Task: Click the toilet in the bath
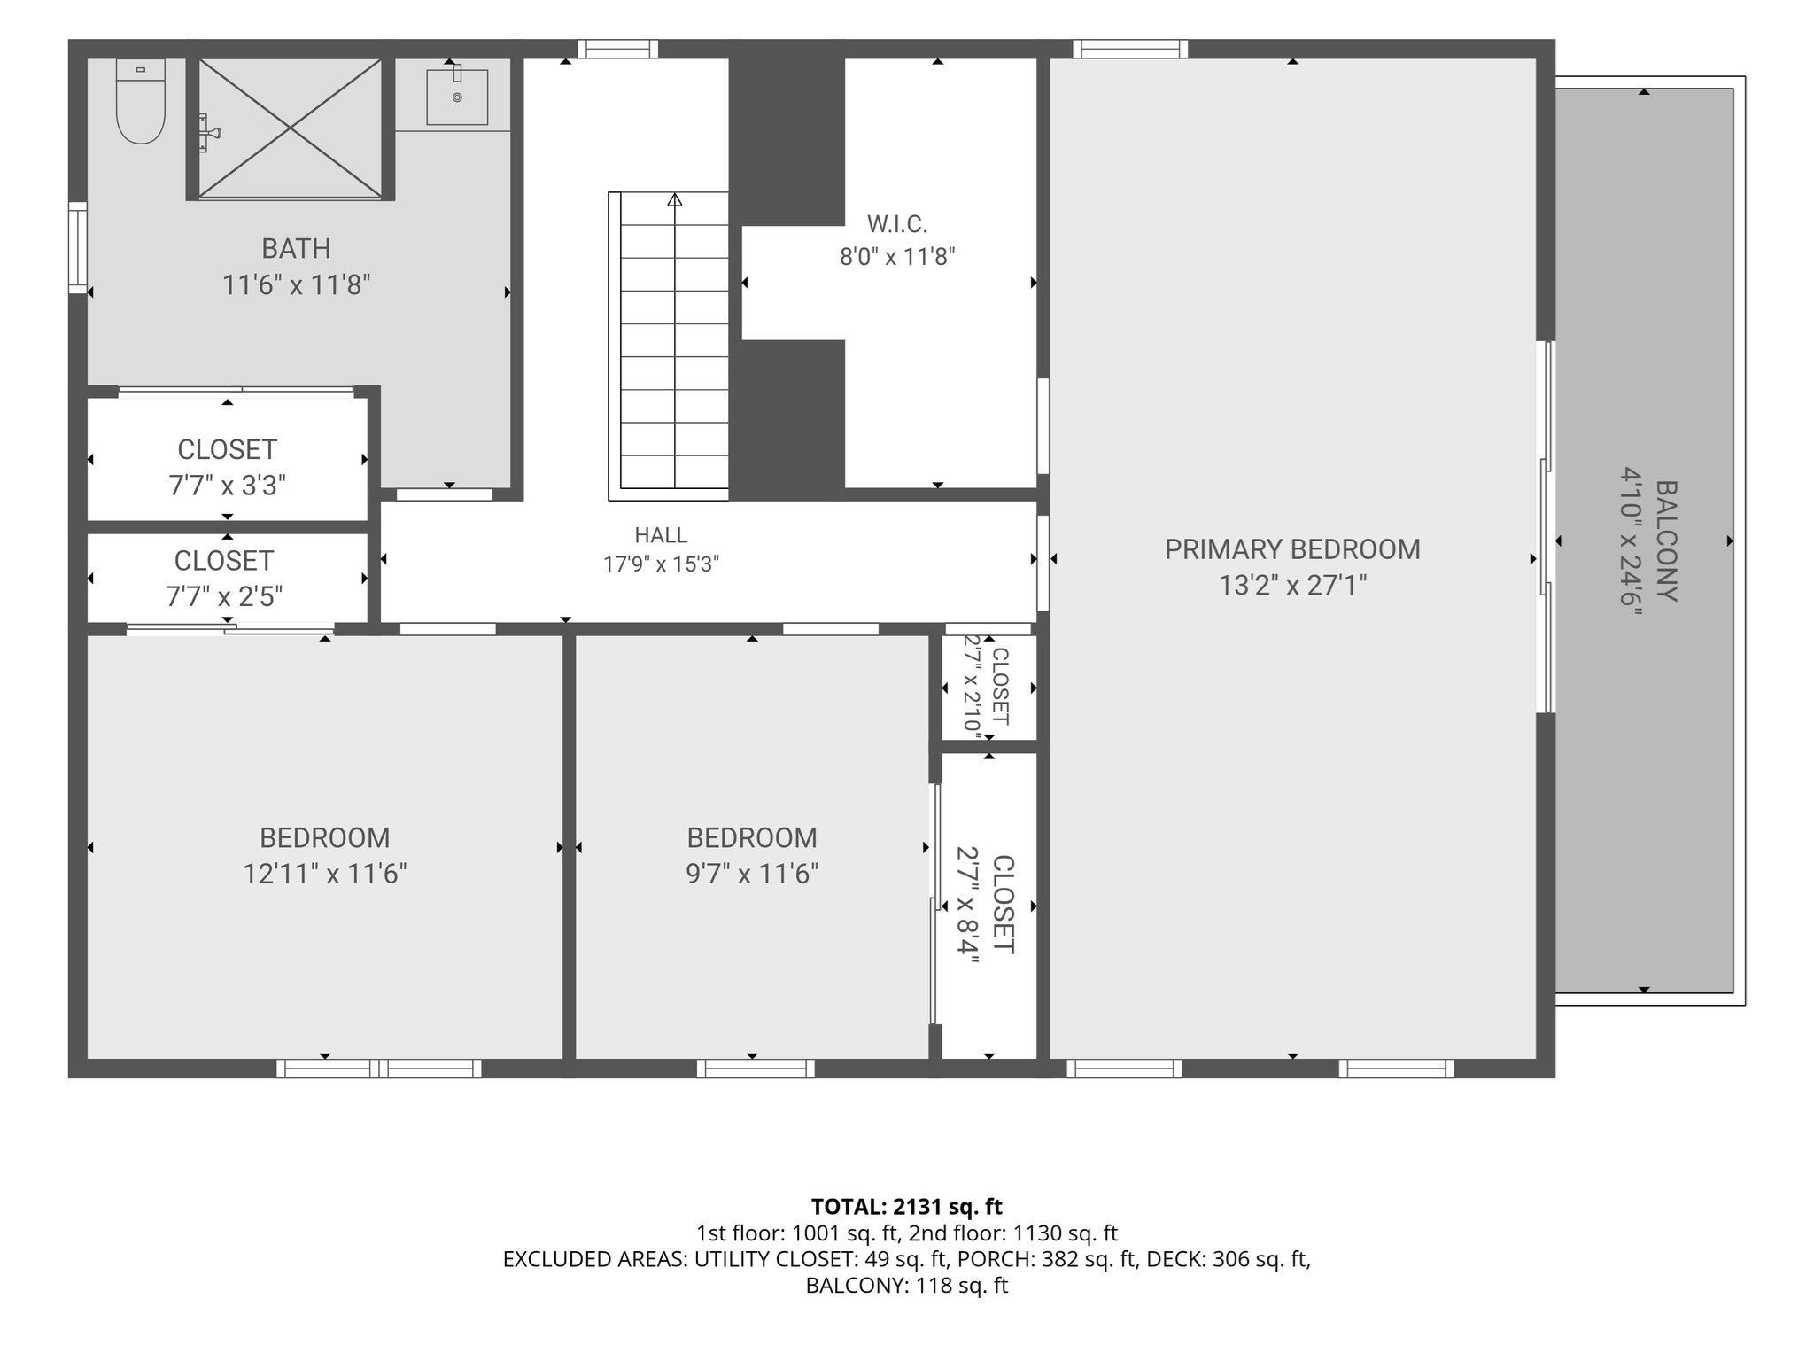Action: pyautogui.click(x=141, y=101)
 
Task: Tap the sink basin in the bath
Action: pyautogui.click(x=457, y=97)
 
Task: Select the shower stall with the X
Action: pyautogui.click(x=291, y=128)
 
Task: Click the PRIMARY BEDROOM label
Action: pyautogui.click(x=1292, y=549)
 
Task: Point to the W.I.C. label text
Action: pyautogui.click(x=897, y=224)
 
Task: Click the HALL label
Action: pyautogui.click(x=661, y=535)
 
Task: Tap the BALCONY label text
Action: pyautogui.click(x=1666, y=541)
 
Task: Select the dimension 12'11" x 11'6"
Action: pyautogui.click(x=325, y=875)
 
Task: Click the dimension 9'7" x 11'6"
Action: pyautogui.click(x=752, y=875)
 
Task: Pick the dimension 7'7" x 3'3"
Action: pyautogui.click(x=228, y=486)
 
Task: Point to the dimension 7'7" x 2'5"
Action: pyautogui.click(x=225, y=596)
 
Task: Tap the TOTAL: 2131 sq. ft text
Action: pyautogui.click(x=906, y=1206)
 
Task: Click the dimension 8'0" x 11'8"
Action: pyautogui.click(x=897, y=257)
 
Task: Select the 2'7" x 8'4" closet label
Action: pyautogui.click(x=985, y=905)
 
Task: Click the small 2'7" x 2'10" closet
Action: pyautogui.click(x=988, y=687)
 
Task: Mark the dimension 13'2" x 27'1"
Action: pyautogui.click(x=1293, y=586)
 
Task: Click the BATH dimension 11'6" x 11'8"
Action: pyautogui.click(x=296, y=285)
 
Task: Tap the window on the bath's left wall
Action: pyautogui.click(x=79, y=247)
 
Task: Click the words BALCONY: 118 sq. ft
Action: pyautogui.click(x=906, y=1286)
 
